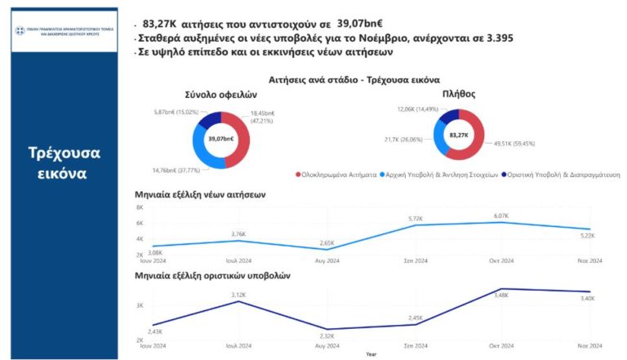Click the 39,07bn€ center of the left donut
pyautogui.click(x=220, y=139)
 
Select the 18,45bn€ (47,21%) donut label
pyautogui.click(x=262, y=116)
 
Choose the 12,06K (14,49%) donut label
pyautogui.click(x=419, y=109)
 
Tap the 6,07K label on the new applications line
pyautogui.click(x=500, y=216)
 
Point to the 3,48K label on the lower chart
pyautogui.click(x=502, y=296)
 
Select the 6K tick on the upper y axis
pyautogui.click(x=139, y=223)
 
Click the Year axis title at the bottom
pyautogui.click(x=371, y=354)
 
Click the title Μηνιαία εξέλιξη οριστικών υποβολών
pyautogui.click(x=212, y=275)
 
